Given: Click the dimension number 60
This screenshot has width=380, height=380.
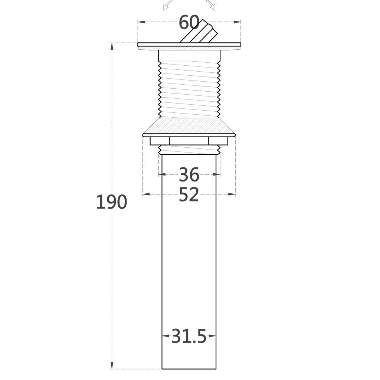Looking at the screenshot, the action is tap(189, 23).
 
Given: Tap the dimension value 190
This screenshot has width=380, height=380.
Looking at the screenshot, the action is tap(111, 202).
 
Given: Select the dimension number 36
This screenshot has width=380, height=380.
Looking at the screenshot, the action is tap(189, 174).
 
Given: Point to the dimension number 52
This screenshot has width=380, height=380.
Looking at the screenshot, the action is tap(189, 194).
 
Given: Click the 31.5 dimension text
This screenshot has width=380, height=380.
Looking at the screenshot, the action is tap(189, 336).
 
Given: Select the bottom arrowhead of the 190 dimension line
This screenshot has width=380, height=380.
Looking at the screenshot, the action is tap(112, 366).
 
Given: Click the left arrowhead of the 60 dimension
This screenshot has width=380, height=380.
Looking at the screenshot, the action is tap(141, 22).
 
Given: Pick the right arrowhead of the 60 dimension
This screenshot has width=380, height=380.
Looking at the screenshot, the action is tap(237, 22).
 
